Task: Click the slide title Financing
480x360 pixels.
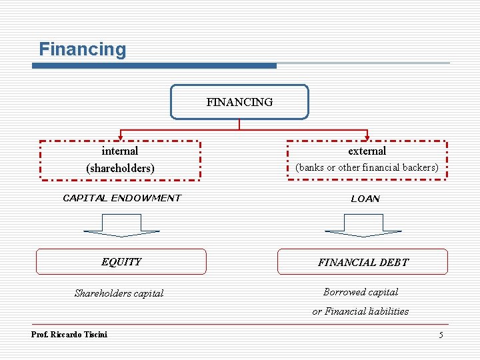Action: point(82,49)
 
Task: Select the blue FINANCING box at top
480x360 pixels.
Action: point(239,102)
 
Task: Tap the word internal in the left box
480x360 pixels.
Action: point(120,151)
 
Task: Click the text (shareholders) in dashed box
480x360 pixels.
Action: point(120,168)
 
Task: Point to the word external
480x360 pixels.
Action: point(367,151)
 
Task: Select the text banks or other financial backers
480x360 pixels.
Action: point(367,167)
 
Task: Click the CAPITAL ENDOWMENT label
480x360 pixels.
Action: point(121,198)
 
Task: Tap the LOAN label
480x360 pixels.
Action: point(365,199)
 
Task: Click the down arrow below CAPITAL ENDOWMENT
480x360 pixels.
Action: point(121,225)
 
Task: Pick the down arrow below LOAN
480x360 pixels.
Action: point(363,225)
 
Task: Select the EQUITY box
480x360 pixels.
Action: point(121,262)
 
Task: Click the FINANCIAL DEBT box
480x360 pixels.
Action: point(363,262)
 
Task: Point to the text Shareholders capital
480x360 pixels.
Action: point(119,293)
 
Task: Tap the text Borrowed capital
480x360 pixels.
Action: point(361,292)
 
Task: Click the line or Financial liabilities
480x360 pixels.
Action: point(361,311)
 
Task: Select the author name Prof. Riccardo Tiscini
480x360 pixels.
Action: point(69,334)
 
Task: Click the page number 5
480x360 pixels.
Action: point(441,335)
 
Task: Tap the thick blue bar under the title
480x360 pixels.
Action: point(155,65)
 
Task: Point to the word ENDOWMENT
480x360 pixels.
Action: point(146,198)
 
